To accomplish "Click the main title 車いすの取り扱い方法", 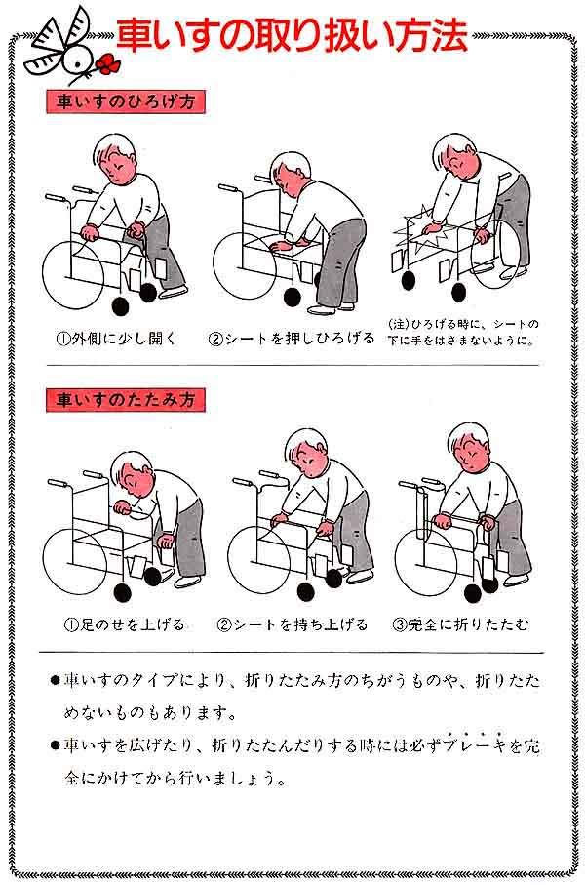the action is click(292, 35).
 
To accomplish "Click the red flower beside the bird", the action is click(108, 63).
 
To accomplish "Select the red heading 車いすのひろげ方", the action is click(125, 101).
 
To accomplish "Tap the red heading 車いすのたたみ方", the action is click(125, 400).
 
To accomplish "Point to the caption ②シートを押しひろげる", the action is click(292, 338).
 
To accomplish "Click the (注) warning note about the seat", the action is click(462, 332).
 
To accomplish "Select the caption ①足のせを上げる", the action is click(124, 624).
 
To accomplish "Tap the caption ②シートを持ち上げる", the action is click(292, 624).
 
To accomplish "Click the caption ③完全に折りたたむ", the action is click(460, 624).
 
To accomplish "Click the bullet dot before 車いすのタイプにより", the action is click(55, 681).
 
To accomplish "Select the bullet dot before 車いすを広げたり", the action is click(55, 746).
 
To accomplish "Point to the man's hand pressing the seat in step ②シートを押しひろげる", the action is click(278, 245).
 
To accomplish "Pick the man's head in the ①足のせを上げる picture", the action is click(131, 476).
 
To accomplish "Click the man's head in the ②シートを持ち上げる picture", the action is click(306, 453).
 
